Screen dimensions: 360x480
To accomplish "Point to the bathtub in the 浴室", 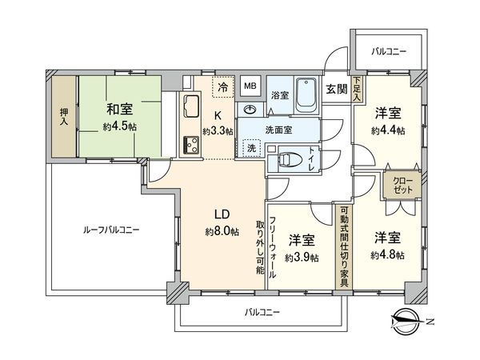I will pyautogui.click(x=305, y=95).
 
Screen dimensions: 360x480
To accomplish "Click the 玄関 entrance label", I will pyautogui.click(x=336, y=88).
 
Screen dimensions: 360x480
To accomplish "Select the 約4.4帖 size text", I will pyautogui.click(x=388, y=130).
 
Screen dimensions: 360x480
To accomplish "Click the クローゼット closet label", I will pyautogui.click(x=398, y=189).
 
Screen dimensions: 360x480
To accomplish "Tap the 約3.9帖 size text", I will pyautogui.click(x=302, y=258).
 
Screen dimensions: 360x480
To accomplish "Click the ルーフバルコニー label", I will pyautogui.click(x=111, y=230).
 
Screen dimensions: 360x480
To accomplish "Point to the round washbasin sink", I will pyautogui.click(x=251, y=110).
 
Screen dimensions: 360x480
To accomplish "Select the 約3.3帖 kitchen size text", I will pyautogui.click(x=218, y=131).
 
